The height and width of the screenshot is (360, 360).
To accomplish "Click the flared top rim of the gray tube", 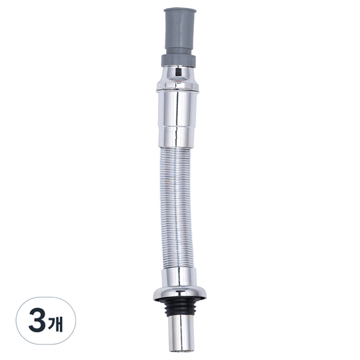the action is [x=180, y=10].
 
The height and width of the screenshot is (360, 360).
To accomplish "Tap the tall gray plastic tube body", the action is [x=180, y=31].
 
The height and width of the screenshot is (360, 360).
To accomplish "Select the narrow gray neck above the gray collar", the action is [x=180, y=52].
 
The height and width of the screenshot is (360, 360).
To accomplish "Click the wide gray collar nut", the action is [x=179, y=61].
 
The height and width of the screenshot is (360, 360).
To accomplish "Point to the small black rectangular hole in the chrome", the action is [x=178, y=72].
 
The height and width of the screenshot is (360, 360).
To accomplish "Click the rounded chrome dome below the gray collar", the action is [x=178, y=75].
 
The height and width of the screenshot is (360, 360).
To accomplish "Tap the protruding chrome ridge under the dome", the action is [x=178, y=86].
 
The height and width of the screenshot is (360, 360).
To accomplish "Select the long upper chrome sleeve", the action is [x=177, y=108].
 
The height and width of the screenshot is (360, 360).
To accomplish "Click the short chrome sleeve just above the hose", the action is [x=176, y=137].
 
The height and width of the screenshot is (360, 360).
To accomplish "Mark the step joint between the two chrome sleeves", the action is [x=177, y=127].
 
